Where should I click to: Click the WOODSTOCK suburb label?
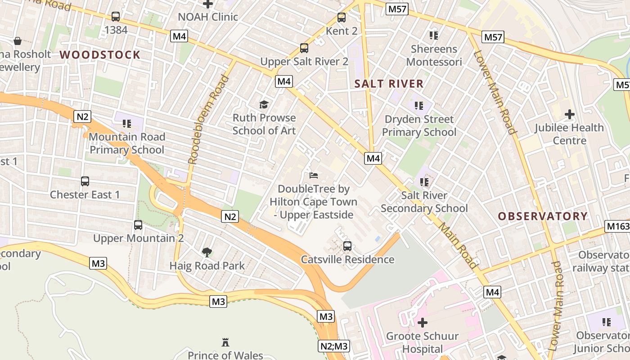coord(100,55)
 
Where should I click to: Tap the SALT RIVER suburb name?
coord(389,84)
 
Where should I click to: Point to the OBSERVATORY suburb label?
coord(543,216)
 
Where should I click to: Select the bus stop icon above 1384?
coord(116,17)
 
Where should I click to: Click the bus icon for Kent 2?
coord(342,18)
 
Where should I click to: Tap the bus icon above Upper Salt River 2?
coord(304,48)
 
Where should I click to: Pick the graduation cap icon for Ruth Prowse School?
coord(264,104)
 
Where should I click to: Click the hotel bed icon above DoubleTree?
coord(313,175)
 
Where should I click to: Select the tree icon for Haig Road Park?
coord(207,252)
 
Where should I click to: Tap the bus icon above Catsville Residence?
coord(347,246)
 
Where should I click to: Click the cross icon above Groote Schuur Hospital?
coord(422,322)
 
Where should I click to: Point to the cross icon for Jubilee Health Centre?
coord(570,114)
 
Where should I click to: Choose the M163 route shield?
coord(617,226)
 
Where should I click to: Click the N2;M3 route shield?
coord(333,346)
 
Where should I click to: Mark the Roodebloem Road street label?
coord(208,119)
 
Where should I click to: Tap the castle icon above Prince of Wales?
coord(225,342)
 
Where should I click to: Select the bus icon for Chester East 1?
coord(85,181)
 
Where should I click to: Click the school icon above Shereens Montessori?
coord(434,35)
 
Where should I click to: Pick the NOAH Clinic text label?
coord(207,17)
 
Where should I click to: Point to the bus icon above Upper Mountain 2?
coord(138,225)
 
